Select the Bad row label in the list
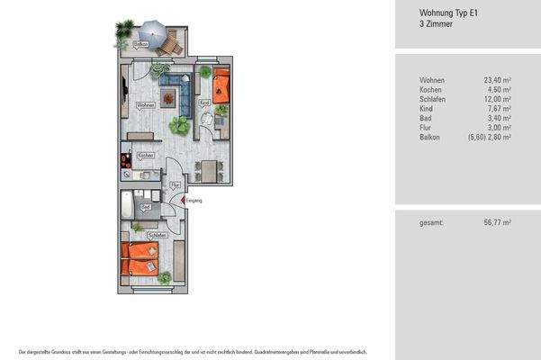[x=426, y=118]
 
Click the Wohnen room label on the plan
[x=145, y=105]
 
